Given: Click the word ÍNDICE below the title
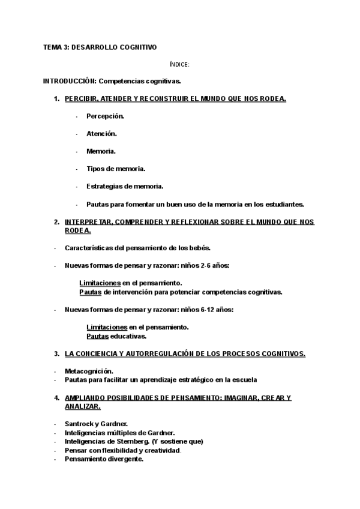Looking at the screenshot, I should click(x=179, y=64).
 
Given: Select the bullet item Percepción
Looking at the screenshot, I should click(x=105, y=116).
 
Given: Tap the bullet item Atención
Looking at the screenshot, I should click(x=101, y=133).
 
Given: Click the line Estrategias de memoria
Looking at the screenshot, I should click(x=124, y=186).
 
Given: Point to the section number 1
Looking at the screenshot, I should click(x=56, y=98).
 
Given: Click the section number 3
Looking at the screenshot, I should click(x=56, y=354).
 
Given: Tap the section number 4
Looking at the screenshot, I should click(x=56, y=397).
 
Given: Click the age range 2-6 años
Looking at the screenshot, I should click(x=211, y=265).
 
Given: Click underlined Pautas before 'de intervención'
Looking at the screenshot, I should click(x=90, y=292).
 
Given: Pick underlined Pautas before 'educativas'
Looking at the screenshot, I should click(x=97, y=336).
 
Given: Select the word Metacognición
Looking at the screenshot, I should click(x=88, y=371).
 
